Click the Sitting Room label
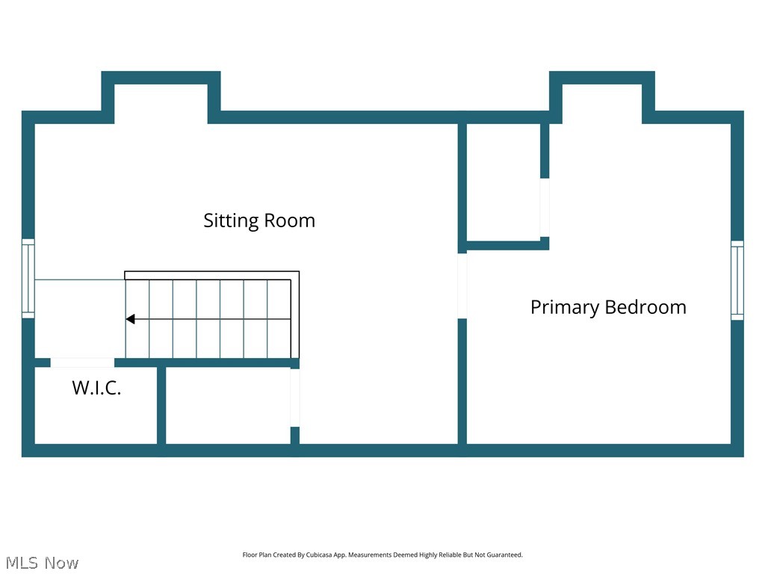(259, 220)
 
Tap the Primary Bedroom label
(608, 307)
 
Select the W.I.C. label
(96, 388)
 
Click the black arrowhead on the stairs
(130, 319)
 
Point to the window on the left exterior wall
(28, 278)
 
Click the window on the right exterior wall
(737, 280)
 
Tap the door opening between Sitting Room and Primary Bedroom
(462, 286)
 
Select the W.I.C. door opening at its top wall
(82, 362)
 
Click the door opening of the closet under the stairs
(295, 398)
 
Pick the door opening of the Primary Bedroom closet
(545, 207)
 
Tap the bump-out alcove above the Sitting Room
(161, 101)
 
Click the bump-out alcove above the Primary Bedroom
(602, 101)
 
